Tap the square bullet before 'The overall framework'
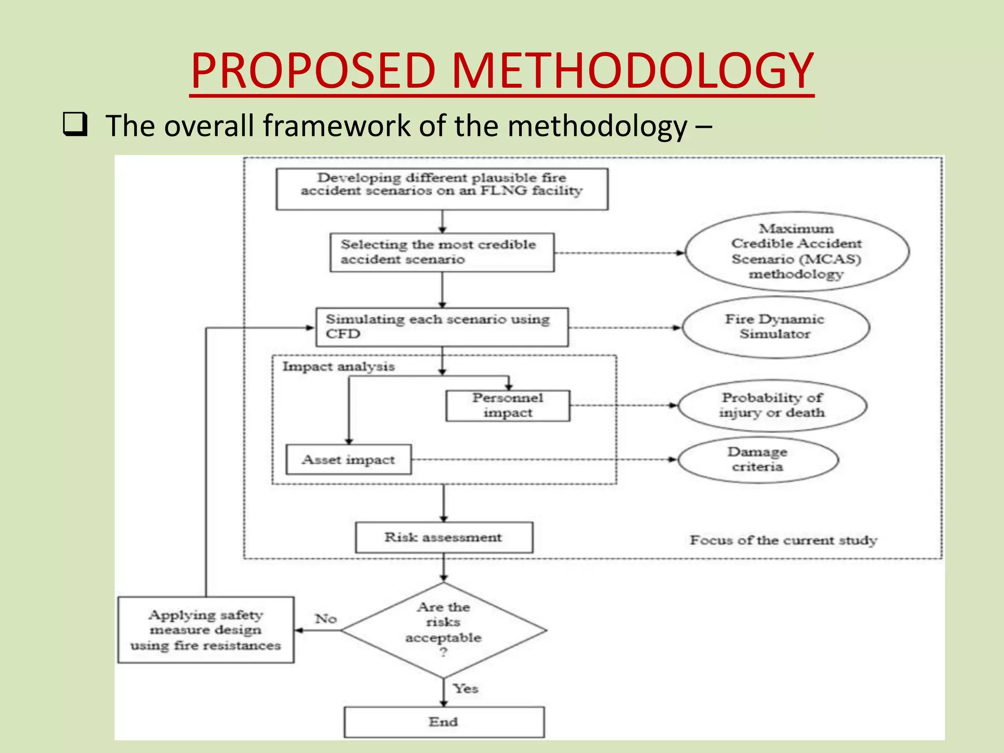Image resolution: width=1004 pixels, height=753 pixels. tap(75, 125)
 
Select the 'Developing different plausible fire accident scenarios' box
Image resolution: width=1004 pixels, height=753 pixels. tap(442, 189)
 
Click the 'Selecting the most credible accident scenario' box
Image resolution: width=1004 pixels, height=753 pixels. tap(442, 252)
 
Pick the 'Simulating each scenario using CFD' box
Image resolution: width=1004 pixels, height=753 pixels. tap(442, 327)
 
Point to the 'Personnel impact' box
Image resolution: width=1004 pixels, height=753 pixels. tap(507, 405)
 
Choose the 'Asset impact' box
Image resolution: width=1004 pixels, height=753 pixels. tap(349, 459)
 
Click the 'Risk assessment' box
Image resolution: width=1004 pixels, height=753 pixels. tap(444, 537)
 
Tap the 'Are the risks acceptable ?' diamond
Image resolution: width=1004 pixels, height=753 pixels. tap(444, 630)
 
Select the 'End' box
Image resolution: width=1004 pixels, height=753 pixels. tap(444, 722)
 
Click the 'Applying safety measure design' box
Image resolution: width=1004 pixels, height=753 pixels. tap(206, 630)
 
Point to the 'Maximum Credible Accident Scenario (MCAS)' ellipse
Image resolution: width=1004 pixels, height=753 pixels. tap(797, 251)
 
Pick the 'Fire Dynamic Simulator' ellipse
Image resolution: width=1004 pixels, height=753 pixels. tap(775, 327)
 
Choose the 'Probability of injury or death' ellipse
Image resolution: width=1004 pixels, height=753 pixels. tap(772, 405)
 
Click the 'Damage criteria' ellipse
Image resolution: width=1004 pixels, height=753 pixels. tap(757, 459)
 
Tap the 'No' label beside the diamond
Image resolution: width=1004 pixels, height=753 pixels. tap(326, 619)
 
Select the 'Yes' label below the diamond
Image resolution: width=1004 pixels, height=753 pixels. tap(465, 689)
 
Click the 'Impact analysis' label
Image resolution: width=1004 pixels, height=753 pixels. tap(338, 367)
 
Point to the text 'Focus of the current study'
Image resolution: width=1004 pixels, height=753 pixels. tap(783, 540)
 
